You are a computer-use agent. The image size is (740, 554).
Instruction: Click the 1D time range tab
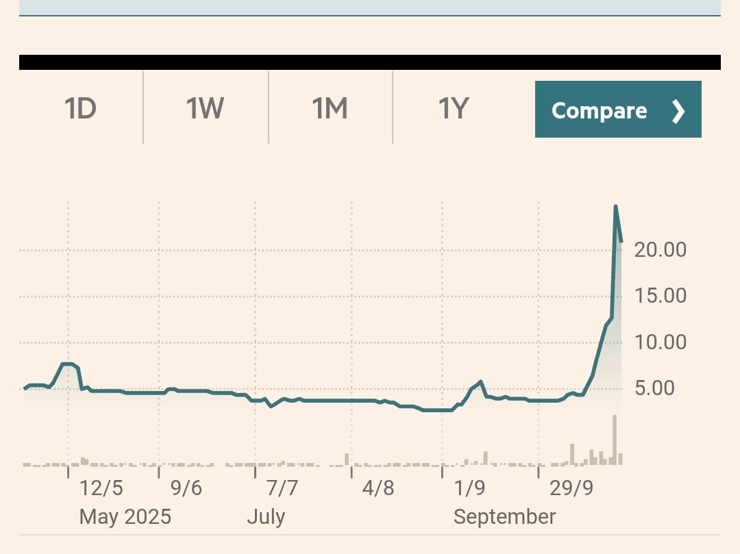click(x=81, y=109)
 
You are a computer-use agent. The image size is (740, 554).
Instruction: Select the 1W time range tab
click(x=206, y=109)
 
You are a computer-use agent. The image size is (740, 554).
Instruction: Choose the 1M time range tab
click(x=330, y=109)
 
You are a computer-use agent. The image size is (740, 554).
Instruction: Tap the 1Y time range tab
click(x=454, y=109)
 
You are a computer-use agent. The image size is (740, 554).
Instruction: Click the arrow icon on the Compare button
click(x=678, y=111)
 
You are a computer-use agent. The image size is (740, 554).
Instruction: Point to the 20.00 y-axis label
click(x=661, y=250)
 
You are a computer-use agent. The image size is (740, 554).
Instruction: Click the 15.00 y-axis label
click(x=661, y=296)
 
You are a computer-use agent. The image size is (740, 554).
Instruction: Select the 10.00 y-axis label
click(x=661, y=342)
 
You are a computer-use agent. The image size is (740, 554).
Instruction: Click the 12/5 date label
click(x=101, y=488)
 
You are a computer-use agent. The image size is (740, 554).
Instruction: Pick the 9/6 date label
click(x=186, y=488)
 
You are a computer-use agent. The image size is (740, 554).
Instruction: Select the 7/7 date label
click(x=282, y=488)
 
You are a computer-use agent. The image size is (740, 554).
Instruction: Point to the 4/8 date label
click(x=378, y=488)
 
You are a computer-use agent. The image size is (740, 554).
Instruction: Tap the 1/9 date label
click(x=469, y=488)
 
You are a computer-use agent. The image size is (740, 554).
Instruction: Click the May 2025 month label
click(x=125, y=516)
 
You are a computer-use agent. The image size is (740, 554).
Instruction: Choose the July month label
click(x=266, y=516)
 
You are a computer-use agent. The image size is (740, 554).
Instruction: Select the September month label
click(x=505, y=516)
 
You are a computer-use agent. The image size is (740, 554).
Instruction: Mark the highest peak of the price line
click(x=615, y=206)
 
